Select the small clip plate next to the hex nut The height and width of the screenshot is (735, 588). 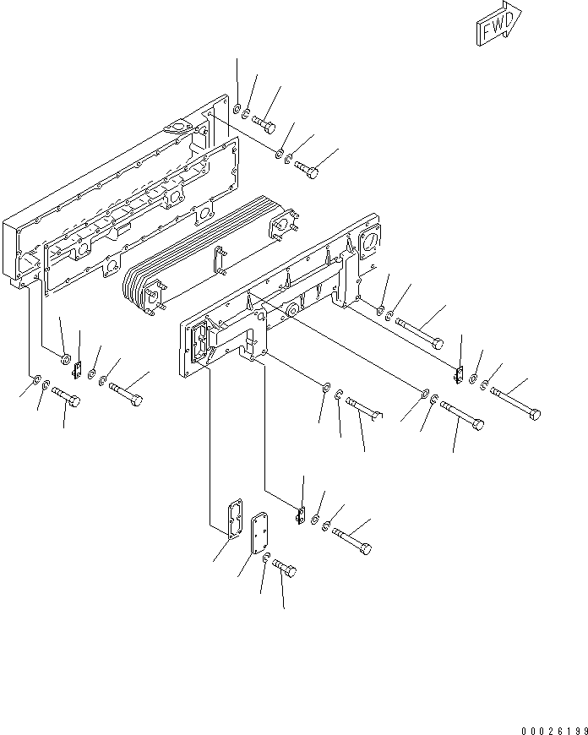(x=77, y=369)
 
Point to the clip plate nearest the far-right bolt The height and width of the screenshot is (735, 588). (x=460, y=373)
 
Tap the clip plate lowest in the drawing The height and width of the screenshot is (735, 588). (x=301, y=513)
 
